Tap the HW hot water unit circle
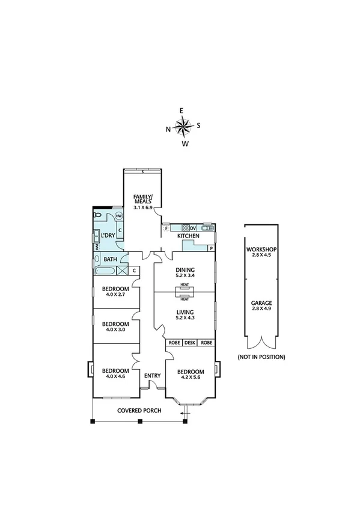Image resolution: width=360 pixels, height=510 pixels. point(118,216)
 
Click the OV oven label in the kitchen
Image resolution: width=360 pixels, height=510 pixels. point(193,228)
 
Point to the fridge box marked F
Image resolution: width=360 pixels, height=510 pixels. point(166,228)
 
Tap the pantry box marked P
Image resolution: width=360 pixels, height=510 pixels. point(211,248)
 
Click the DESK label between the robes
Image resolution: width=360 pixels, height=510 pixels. point(190,342)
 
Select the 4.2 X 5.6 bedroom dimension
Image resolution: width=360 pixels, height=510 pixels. point(191,378)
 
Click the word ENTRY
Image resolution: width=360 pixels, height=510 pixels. point(152,376)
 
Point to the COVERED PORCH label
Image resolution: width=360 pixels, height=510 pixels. point(139,411)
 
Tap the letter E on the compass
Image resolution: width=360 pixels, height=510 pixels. point(182,111)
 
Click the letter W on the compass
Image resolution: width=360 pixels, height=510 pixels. point(186,144)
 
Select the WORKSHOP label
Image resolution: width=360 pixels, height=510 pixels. point(261,249)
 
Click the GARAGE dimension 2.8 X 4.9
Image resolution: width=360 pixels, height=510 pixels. point(261,310)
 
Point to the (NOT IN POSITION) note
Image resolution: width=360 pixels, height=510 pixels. point(261,357)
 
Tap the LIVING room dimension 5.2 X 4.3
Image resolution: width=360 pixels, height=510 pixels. point(185,318)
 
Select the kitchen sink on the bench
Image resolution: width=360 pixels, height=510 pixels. point(207,227)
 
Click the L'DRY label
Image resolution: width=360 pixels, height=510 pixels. point(108,235)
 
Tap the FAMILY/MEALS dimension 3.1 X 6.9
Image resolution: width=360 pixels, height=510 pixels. point(143,207)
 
